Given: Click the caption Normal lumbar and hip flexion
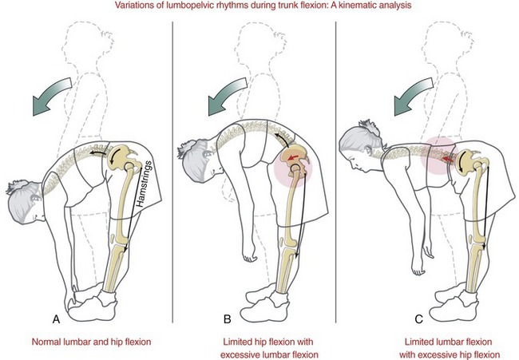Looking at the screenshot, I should click(90, 342).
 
